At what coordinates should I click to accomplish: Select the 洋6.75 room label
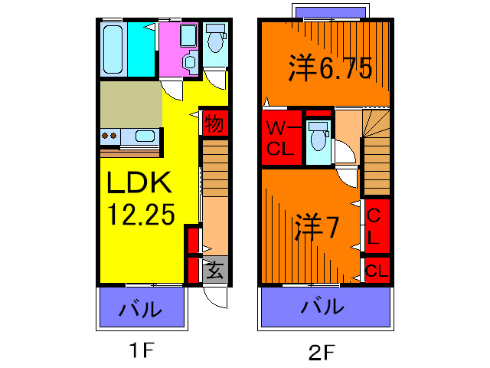330,70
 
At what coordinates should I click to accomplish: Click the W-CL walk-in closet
279,139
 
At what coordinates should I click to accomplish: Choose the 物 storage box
215,123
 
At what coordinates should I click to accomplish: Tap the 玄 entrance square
215,270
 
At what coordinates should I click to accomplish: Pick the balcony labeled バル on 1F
142,309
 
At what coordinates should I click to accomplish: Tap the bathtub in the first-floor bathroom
113,49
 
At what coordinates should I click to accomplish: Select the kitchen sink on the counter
145,136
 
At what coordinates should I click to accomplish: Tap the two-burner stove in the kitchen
110,136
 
